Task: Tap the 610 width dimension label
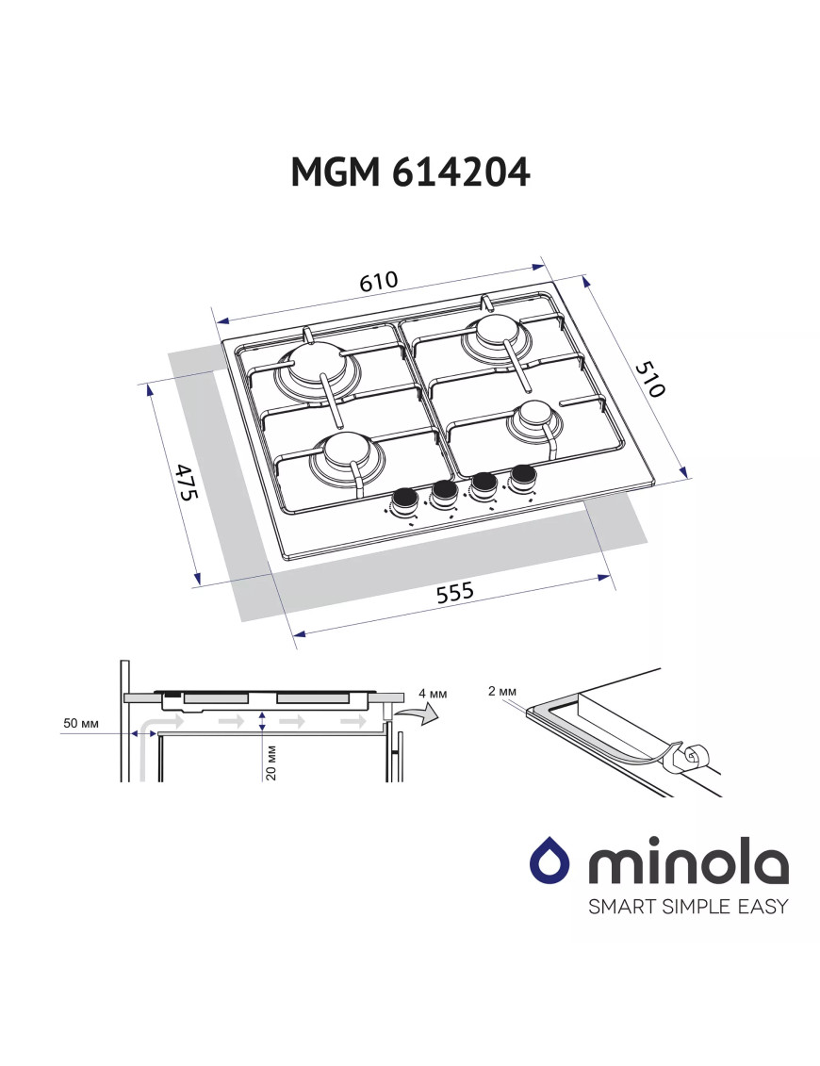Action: [x=379, y=282]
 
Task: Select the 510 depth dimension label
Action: [x=648, y=379]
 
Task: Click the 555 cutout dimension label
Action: [x=454, y=593]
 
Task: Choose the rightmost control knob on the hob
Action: [x=521, y=476]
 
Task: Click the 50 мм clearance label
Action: [x=82, y=724]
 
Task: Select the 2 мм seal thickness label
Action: [x=502, y=691]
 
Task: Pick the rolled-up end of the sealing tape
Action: [x=694, y=755]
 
